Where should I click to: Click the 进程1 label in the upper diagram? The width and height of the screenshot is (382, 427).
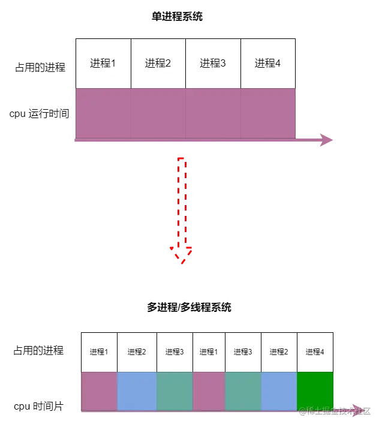pos(103,64)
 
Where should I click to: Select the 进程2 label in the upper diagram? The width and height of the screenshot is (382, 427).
pos(158,64)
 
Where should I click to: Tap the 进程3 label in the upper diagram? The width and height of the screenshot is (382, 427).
pos(213,64)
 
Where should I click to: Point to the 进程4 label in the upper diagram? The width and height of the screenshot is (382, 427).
pos(267,64)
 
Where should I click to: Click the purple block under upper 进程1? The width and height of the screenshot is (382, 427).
pos(103,113)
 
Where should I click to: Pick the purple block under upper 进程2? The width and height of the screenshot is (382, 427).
pos(158,113)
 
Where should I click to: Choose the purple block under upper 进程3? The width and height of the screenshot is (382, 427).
pos(213,113)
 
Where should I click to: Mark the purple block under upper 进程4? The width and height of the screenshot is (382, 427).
pos(268,113)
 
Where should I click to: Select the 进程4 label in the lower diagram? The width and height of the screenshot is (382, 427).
pos(315,352)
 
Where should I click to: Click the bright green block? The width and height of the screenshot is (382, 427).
pos(315,391)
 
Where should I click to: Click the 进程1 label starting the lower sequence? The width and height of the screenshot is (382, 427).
pos(99,352)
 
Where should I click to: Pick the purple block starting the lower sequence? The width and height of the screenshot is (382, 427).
pos(99,391)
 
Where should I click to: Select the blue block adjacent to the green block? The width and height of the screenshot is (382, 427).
pos(279,391)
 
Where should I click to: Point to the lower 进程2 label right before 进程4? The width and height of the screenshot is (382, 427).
pos(279,352)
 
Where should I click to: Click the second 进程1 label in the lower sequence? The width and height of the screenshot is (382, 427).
pos(208,352)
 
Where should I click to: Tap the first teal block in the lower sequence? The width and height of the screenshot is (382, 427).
pos(175,391)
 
